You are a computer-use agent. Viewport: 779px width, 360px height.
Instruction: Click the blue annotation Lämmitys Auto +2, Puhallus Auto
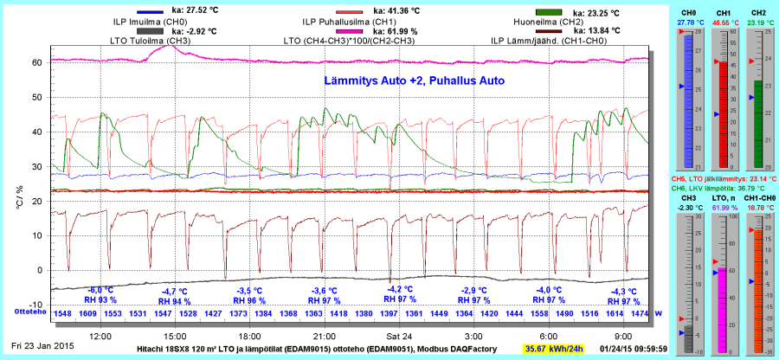408,80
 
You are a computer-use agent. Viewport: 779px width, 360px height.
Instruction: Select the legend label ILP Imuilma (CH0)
151,21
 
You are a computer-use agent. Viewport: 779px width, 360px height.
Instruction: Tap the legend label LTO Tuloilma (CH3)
151,40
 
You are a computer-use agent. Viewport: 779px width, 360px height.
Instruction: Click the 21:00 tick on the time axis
325,334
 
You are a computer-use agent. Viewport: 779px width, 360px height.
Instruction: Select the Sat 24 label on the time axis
399,334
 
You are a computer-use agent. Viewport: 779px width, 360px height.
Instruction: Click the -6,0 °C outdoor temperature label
102,290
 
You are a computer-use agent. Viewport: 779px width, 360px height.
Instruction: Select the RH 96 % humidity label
251,301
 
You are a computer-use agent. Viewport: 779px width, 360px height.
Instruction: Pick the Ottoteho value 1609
87,312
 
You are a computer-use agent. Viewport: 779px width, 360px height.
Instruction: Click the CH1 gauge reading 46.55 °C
724,22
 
